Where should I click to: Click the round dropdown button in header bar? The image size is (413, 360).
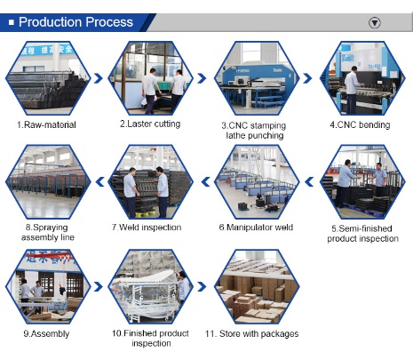click(x=375, y=22)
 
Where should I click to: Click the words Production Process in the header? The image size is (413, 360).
click(x=75, y=22)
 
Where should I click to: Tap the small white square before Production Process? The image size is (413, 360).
click(x=12, y=22)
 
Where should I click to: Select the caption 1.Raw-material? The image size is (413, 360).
click(x=46, y=124)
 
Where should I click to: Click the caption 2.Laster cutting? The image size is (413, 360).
click(x=150, y=124)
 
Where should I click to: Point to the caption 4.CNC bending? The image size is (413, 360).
click(x=360, y=124)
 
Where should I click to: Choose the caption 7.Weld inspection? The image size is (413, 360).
click(x=147, y=228)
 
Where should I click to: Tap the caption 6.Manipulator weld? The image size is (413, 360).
click(x=256, y=228)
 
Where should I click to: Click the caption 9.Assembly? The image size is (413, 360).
click(x=46, y=333)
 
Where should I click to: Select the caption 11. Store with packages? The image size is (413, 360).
click(x=251, y=333)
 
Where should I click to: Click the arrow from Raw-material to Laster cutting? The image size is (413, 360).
click(x=99, y=78)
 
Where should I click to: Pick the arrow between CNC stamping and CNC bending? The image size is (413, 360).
click(x=307, y=78)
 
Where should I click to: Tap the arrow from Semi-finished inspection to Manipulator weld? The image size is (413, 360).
click(x=309, y=181)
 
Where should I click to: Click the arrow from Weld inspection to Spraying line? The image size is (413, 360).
click(x=100, y=181)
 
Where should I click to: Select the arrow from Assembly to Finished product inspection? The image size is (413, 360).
click(x=99, y=286)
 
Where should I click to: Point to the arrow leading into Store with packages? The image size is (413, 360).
click(x=202, y=286)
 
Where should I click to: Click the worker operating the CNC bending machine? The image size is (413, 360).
click(x=352, y=90)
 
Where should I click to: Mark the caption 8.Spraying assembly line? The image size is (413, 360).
click(x=47, y=232)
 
